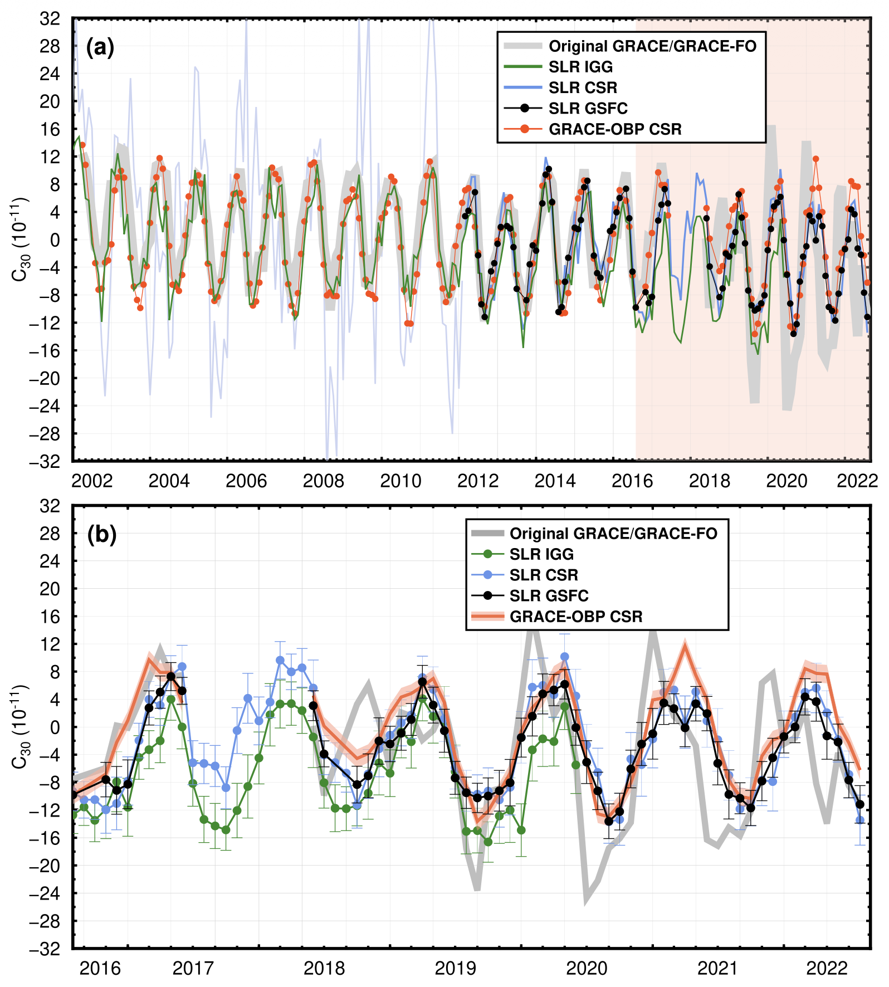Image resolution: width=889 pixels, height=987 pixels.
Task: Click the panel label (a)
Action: [100, 48]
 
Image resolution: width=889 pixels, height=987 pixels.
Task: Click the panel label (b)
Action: [102, 535]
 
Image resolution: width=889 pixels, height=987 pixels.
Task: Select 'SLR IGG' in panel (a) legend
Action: [580, 67]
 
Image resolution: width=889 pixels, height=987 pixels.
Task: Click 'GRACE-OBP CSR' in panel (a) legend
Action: [615, 129]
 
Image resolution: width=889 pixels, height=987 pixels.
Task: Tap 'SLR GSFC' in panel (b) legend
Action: [549, 596]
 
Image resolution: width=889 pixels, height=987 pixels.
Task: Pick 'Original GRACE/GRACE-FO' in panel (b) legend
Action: [613, 534]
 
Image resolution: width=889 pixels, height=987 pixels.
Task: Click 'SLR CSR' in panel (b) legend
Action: [544, 575]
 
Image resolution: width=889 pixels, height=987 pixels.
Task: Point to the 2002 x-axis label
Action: [92, 481]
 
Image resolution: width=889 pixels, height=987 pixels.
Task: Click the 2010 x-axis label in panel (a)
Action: [400, 481]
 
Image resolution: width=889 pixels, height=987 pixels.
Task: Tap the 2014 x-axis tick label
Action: [555, 481]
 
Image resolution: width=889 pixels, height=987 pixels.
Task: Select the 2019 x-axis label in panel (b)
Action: [455, 969]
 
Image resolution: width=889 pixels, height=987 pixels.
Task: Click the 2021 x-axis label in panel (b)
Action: [717, 969]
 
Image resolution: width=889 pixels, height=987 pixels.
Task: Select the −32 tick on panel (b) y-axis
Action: [45, 949]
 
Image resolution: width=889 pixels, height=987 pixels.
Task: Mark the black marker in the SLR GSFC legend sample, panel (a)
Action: [525, 108]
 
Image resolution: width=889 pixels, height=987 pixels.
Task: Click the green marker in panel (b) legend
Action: [488, 554]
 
